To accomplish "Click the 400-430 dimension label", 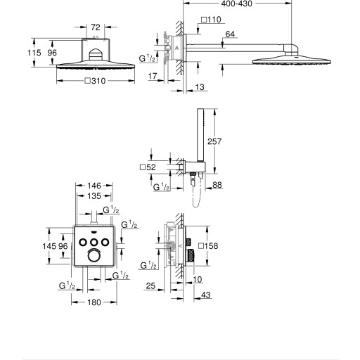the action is pos(237,4).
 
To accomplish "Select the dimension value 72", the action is pos(96,27).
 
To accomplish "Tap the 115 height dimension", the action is pos(34,53).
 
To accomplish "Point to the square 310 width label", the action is pos(95,81).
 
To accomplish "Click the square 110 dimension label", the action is pos(211,20).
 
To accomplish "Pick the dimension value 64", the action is pos(230,34).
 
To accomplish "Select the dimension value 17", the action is pos(153,76).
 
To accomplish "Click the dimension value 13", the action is pos(200,87).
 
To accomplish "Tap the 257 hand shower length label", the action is pos(214,141).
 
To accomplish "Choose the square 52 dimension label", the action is pos(148,167).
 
